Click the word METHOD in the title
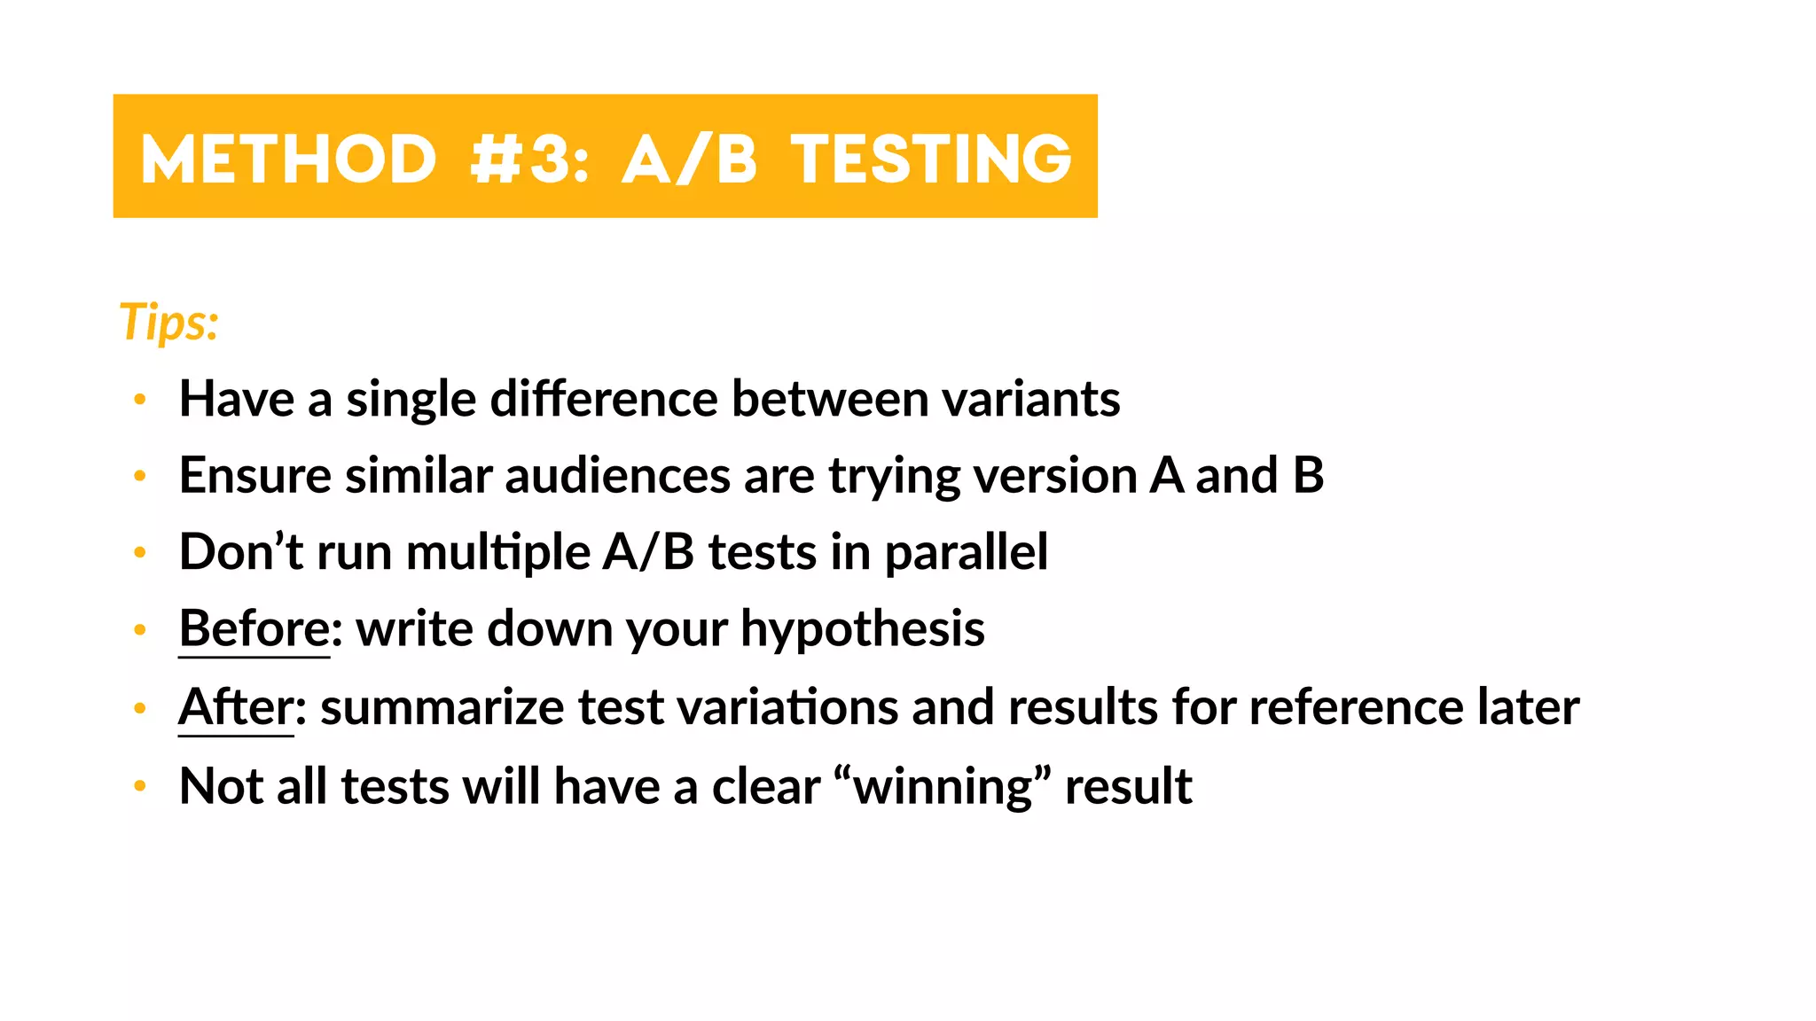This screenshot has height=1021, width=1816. (x=289, y=160)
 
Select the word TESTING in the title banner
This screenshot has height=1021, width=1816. (x=931, y=160)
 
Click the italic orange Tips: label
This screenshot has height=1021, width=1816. (x=168, y=321)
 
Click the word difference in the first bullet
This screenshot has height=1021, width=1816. (x=604, y=399)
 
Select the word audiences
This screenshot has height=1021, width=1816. (x=617, y=476)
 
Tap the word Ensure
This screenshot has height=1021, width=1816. (x=255, y=476)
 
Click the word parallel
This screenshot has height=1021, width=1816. (x=966, y=553)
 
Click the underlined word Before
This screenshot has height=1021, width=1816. (x=254, y=629)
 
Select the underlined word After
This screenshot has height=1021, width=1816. (x=236, y=707)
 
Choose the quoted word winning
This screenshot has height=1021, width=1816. (x=943, y=787)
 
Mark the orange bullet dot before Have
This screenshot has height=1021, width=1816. (x=139, y=400)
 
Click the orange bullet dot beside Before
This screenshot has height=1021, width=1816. (x=139, y=630)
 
